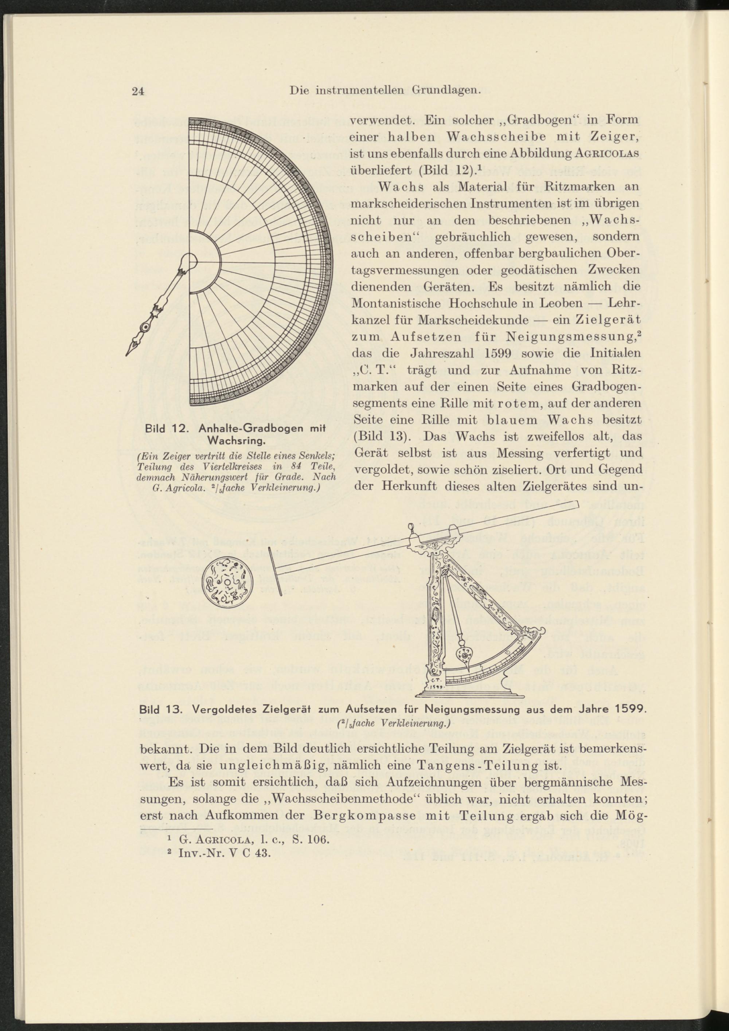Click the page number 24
[x=137, y=91]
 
